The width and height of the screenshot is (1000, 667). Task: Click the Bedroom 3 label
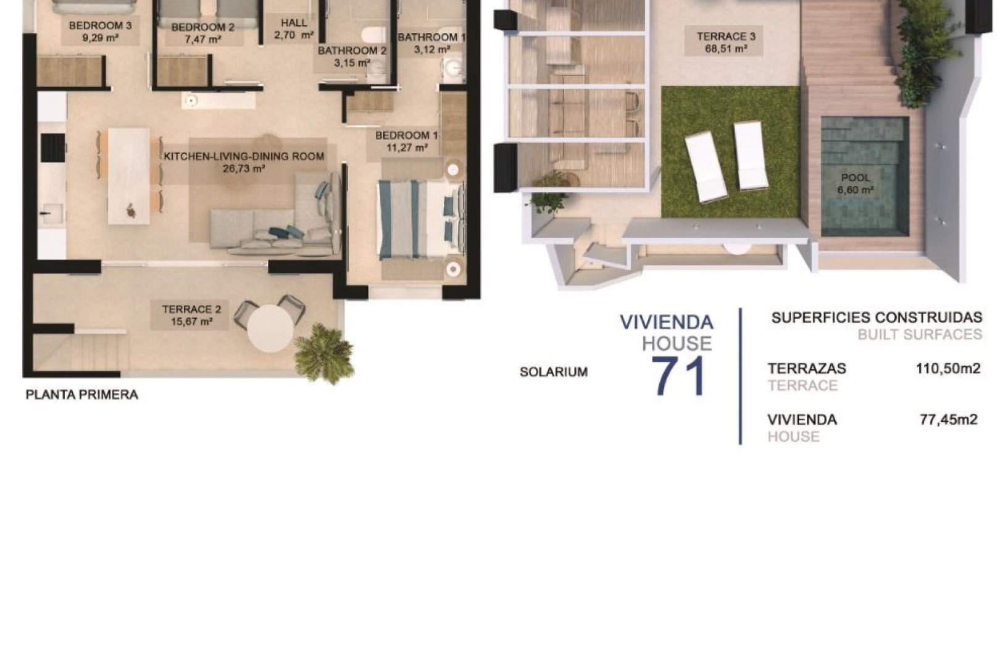click(100, 26)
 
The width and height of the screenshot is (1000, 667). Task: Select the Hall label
click(294, 23)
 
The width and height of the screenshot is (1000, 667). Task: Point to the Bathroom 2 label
click(352, 51)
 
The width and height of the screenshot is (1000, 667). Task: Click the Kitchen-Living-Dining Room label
click(244, 156)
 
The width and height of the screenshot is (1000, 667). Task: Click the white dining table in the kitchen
click(128, 176)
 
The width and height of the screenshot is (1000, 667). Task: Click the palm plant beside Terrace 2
click(324, 355)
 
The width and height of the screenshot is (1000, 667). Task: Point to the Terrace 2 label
click(191, 309)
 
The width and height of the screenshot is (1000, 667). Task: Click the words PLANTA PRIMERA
click(81, 395)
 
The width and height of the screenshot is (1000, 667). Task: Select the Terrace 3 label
click(726, 36)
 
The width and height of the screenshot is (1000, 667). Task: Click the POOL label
click(855, 178)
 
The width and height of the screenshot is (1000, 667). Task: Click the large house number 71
click(678, 377)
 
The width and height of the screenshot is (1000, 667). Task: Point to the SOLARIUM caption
click(553, 372)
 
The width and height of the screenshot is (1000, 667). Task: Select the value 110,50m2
click(948, 369)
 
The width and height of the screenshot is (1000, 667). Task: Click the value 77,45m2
click(948, 420)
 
